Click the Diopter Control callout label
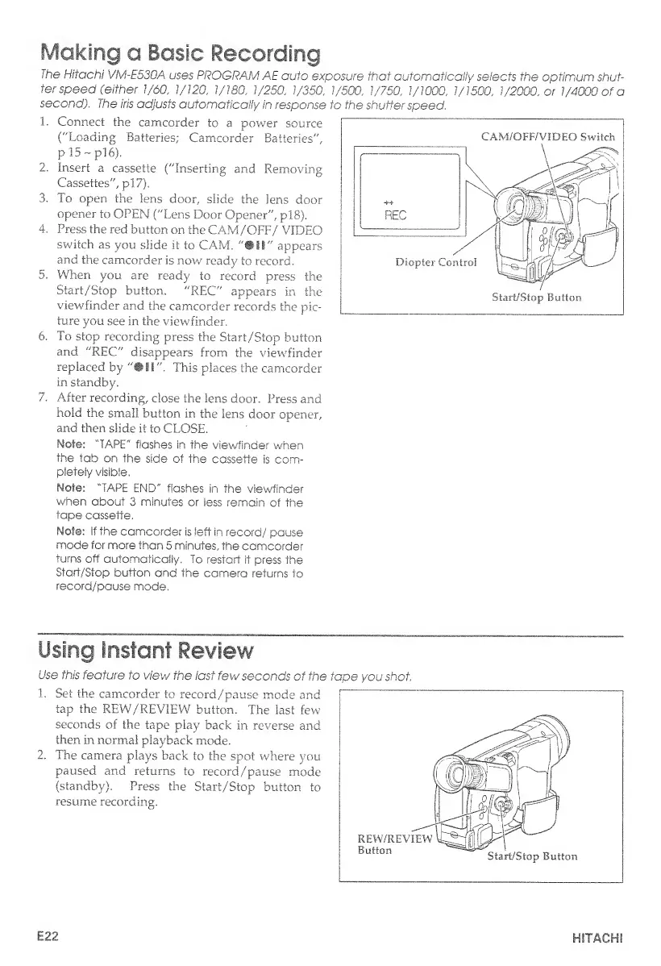[x=436, y=262]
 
